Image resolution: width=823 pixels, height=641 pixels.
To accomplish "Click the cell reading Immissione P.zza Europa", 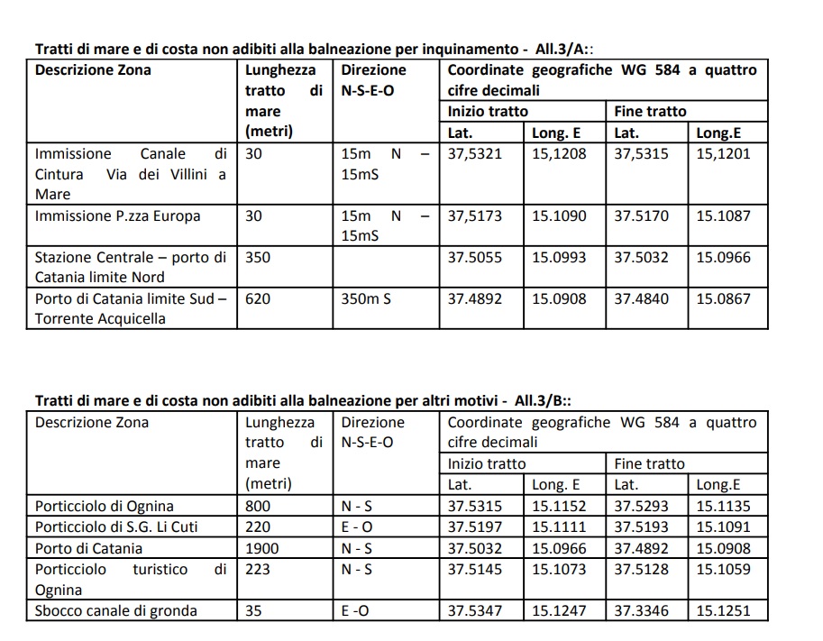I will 117,216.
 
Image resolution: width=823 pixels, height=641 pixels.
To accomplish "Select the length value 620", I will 258,298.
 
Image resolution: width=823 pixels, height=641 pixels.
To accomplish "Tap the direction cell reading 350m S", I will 366,298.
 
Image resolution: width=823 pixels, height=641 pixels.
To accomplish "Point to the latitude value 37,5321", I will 475,154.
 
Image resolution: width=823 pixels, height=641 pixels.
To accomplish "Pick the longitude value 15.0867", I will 723,298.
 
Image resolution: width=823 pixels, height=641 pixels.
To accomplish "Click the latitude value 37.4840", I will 641,298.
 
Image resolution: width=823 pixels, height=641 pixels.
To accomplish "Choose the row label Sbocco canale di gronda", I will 115,611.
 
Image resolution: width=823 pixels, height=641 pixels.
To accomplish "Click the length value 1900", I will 262,548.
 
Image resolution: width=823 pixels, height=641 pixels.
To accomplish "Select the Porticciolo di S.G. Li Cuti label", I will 115,527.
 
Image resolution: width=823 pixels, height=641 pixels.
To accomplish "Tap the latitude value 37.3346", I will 641,611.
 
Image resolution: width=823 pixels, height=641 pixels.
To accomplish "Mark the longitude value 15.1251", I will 723,611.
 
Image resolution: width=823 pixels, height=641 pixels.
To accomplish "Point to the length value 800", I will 258,507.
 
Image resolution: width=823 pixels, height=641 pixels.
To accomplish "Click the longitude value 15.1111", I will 558,527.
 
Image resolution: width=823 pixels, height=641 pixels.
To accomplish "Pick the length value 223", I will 258,570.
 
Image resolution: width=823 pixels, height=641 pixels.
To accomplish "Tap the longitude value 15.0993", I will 558,257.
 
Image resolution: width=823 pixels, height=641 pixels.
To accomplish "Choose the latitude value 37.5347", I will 475,611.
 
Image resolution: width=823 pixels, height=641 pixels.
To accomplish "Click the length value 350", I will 258,257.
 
